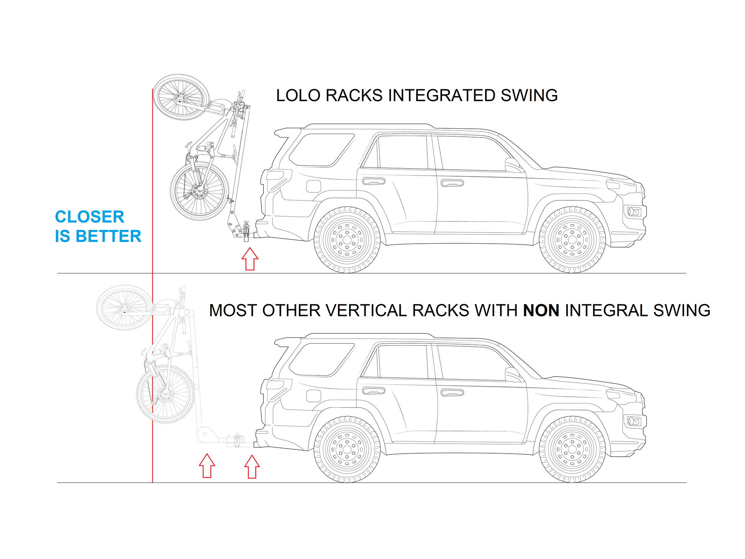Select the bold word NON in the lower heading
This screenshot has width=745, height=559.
(541, 310)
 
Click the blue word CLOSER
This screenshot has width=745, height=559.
(90, 217)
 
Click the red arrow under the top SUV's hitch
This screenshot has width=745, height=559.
(250, 259)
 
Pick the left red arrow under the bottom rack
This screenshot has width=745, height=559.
(207, 466)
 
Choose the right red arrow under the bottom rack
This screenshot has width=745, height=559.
(252, 467)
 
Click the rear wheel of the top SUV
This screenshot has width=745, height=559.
(347, 240)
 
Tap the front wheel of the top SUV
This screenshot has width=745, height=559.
(572, 240)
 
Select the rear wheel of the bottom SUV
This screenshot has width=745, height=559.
(347, 449)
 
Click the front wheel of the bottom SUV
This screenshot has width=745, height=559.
(572, 449)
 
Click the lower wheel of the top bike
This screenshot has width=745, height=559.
(199, 191)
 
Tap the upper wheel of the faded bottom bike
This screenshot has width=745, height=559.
(124, 308)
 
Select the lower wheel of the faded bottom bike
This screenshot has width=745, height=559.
(165, 394)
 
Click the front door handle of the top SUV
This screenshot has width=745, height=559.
(452, 183)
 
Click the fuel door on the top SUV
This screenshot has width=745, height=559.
(314, 186)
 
